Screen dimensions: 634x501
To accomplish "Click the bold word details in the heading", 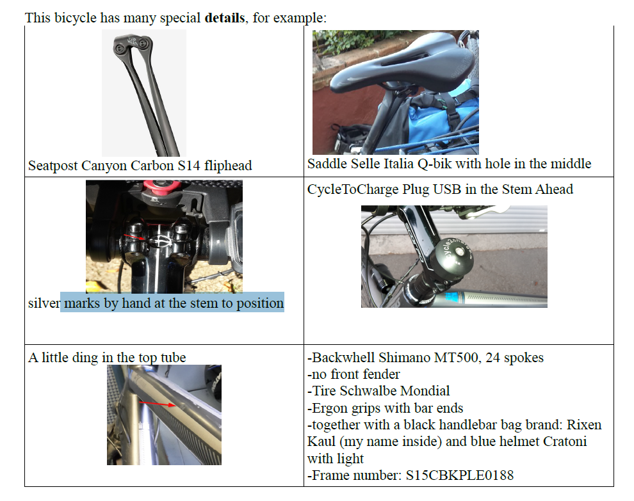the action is pyautogui.click(x=225, y=18).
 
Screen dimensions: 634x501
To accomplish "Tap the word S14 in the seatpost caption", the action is pyautogui.click(x=189, y=166).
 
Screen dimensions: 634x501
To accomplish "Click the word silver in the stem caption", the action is pyautogui.click(x=44, y=303).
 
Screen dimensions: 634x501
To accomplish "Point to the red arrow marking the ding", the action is pyautogui.click(x=158, y=404).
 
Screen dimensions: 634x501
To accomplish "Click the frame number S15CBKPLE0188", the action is pyautogui.click(x=460, y=475).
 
